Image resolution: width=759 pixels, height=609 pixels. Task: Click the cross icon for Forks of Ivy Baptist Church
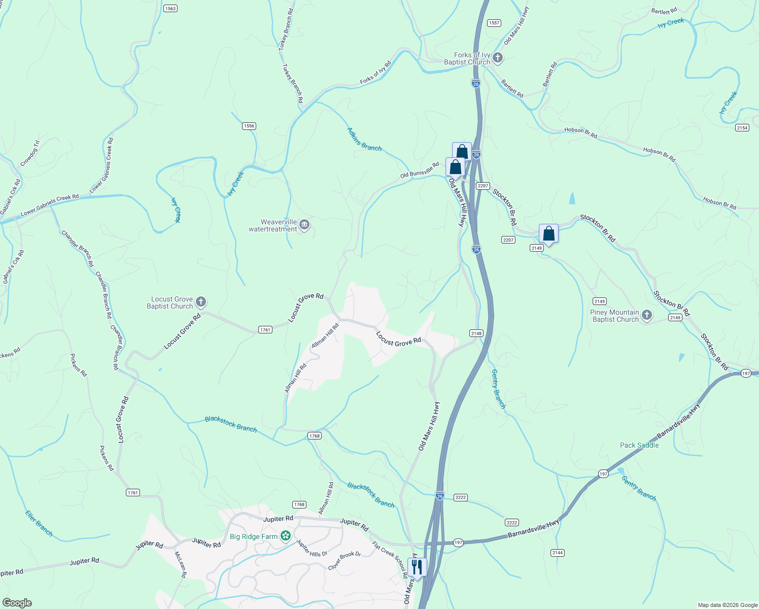(x=498, y=58)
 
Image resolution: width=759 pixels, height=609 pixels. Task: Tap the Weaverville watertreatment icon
(x=304, y=225)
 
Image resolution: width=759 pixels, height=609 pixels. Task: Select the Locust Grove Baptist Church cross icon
(x=201, y=302)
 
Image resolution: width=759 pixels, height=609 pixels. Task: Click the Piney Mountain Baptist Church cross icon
(x=647, y=315)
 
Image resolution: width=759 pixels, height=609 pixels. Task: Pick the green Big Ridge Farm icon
(x=286, y=536)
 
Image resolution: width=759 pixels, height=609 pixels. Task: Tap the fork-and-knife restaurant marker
(x=417, y=567)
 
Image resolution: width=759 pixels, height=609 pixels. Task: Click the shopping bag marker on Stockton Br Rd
(x=548, y=234)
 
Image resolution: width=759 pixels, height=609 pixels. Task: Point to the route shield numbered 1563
(x=170, y=8)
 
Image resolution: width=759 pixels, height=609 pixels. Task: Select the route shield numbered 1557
(x=494, y=23)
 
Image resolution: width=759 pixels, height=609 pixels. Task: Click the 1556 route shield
(x=249, y=126)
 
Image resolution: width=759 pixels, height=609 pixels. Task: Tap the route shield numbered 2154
(x=742, y=127)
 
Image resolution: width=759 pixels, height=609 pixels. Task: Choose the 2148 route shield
(x=476, y=333)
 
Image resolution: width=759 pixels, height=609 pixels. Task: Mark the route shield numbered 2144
(x=558, y=553)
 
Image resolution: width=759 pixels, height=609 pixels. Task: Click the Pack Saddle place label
(x=639, y=445)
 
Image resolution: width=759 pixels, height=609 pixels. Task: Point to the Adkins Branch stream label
(x=364, y=140)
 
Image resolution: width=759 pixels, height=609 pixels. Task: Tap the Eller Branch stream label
(x=39, y=523)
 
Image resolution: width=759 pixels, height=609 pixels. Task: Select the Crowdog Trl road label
(x=29, y=154)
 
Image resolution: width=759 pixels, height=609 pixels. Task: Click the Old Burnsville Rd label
(x=420, y=171)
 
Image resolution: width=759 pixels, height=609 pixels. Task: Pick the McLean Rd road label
(x=181, y=565)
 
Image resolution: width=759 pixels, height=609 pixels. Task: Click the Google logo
(x=17, y=603)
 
